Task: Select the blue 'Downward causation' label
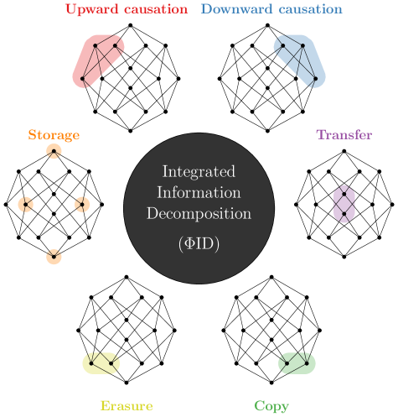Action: [271, 9]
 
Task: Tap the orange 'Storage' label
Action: [54, 135]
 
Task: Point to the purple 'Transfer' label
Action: [344, 135]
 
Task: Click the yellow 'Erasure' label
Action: [126, 406]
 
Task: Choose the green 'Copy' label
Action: [271, 406]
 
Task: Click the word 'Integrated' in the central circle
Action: [199, 172]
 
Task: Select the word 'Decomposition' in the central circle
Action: [199, 213]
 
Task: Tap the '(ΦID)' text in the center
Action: [199, 243]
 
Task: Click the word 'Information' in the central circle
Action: [199, 192]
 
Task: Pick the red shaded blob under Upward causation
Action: [99, 60]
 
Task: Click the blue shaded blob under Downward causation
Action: [299, 60]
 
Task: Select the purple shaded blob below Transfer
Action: [344, 204]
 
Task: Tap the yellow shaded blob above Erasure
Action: [101, 362]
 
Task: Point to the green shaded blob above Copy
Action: [297, 362]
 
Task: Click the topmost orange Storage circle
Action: [54, 152]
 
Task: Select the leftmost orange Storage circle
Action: [26, 204]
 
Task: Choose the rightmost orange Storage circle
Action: [81, 204]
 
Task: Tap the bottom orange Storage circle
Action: [54, 256]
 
